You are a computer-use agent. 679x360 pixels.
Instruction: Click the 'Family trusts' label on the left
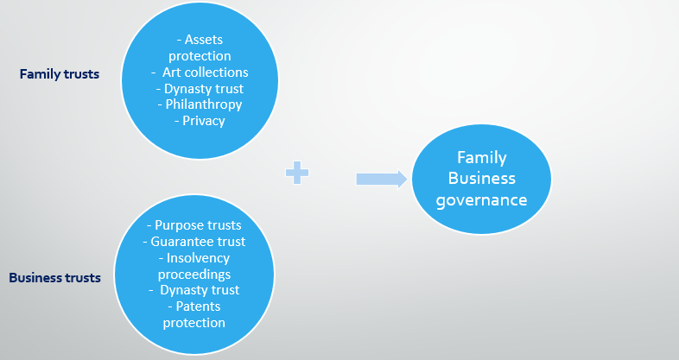(x=59, y=74)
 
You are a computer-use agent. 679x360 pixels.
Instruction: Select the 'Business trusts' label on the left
(x=54, y=278)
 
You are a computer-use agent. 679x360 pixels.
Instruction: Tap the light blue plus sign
(x=297, y=174)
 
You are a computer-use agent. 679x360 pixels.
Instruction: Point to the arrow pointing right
(x=381, y=179)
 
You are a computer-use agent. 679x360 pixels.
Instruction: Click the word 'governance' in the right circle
(x=481, y=199)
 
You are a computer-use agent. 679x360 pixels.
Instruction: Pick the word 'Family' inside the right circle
(x=481, y=158)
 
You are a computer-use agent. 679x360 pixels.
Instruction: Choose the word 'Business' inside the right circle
(x=481, y=179)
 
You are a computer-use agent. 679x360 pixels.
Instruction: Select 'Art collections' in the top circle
(x=205, y=73)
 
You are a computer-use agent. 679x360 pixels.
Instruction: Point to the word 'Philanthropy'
(x=200, y=104)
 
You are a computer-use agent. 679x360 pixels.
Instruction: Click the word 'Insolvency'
(x=198, y=258)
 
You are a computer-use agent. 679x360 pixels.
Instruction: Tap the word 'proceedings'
(x=194, y=275)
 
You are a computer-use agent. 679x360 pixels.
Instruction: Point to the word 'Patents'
(x=198, y=306)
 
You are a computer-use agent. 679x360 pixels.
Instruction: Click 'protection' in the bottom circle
(x=194, y=323)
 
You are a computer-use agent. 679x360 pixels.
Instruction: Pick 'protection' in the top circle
(x=200, y=56)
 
